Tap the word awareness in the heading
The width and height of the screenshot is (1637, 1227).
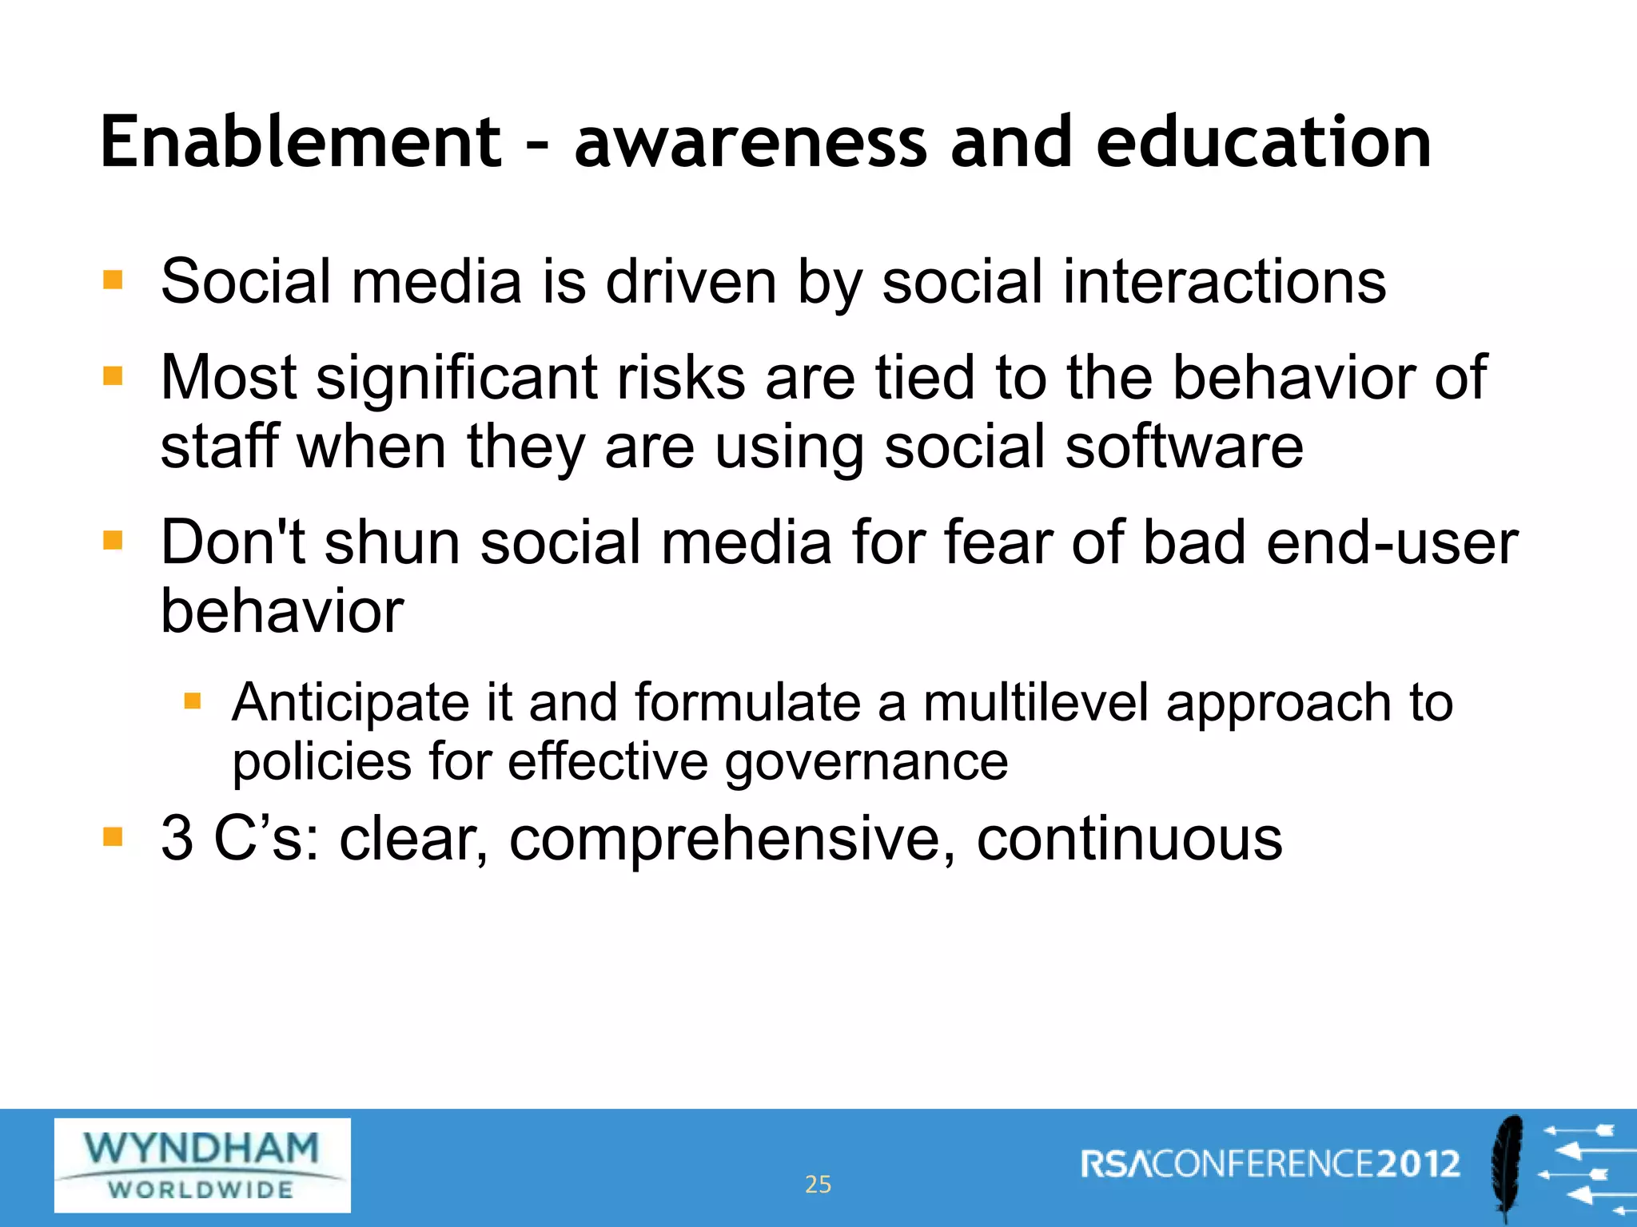click(x=751, y=144)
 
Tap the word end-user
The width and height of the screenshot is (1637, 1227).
click(x=1392, y=542)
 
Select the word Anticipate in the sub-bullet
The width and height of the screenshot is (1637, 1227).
click(x=351, y=703)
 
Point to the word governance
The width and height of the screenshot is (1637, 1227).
click(x=866, y=763)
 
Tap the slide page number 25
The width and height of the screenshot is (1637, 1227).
click(x=818, y=1184)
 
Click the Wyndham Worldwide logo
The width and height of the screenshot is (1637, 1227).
click(x=202, y=1165)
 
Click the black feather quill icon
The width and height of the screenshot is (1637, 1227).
click(x=1508, y=1166)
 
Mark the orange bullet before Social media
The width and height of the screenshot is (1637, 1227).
click(x=113, y=280)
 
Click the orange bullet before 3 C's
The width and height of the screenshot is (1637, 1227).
click(x=113, y=837)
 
